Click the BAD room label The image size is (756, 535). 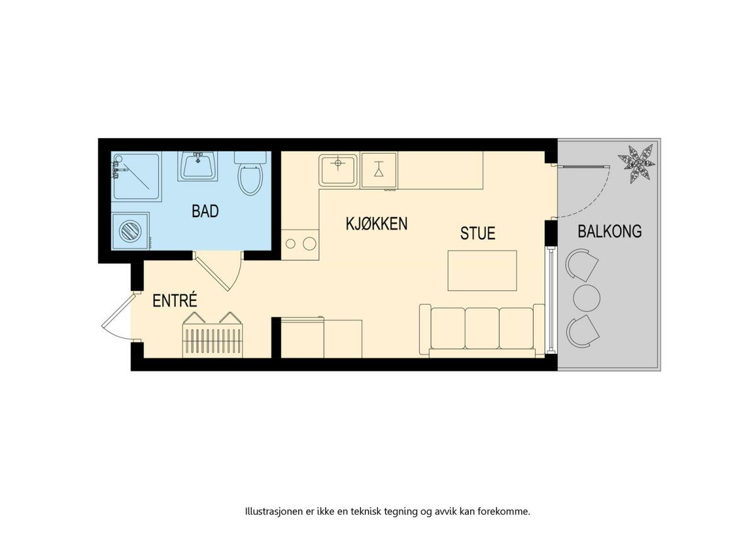coord(205,211)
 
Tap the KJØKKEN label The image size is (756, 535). coord(377,223)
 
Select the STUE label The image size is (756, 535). coord(478,233)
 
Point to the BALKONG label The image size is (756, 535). coord(610,231)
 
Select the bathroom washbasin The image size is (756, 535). coord(198,167)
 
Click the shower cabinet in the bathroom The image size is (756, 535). coord(136,177)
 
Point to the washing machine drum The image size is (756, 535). coord(130,231)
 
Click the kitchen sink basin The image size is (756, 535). coord(338,169)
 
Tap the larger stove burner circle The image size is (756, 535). coord(309,244)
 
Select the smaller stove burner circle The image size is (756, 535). coord(290,244)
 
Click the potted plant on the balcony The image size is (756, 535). coord(636,164)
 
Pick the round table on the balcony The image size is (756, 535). coord(587,298)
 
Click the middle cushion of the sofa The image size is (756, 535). coord(482,328)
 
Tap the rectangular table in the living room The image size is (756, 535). coord(483,271)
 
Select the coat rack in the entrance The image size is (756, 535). coord(213,334)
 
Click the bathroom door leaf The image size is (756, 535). coord(212,273)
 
